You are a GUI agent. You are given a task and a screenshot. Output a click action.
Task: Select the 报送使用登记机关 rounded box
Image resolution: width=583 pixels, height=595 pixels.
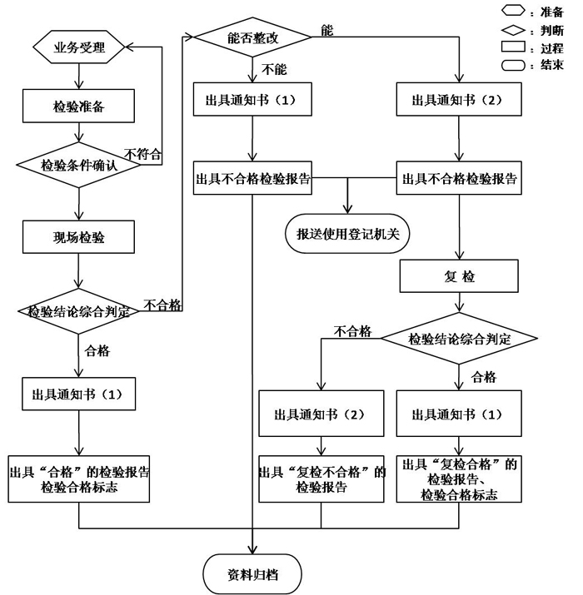pos(347,234)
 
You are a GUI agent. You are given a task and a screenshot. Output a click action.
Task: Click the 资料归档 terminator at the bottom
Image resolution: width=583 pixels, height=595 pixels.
pos(253,573)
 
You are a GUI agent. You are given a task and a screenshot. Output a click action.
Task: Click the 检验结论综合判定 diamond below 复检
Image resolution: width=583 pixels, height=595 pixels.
pos(459,339)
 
